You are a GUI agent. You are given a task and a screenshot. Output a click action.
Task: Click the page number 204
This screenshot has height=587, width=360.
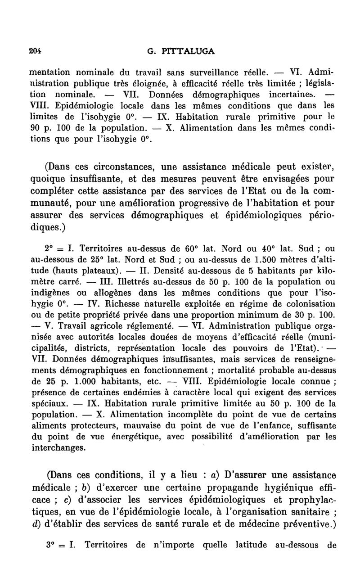tap(36, 51)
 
